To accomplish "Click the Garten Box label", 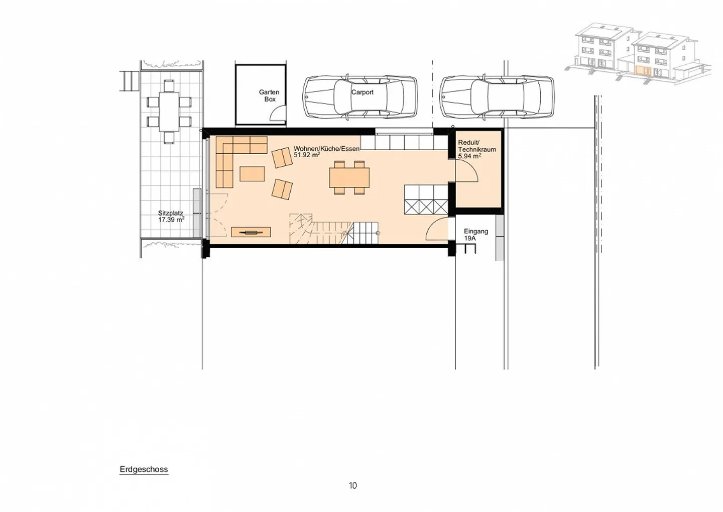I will click(269, 95).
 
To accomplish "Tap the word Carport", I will click(362, 92).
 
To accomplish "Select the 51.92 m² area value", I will click(307, 155).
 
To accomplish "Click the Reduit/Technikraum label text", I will click(476, 146).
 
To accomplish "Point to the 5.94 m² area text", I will click(469, 156).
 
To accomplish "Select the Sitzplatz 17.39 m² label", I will click(171, 217).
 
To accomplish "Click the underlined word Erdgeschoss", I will click(144, 469).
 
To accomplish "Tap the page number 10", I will click(353, 485).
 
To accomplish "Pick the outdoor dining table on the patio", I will click(169, 111).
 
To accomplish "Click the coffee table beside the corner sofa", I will click(252, 174).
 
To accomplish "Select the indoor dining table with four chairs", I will click(349, 177).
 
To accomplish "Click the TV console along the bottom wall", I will click(251, 232).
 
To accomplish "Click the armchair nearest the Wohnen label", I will click(282, 158).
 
